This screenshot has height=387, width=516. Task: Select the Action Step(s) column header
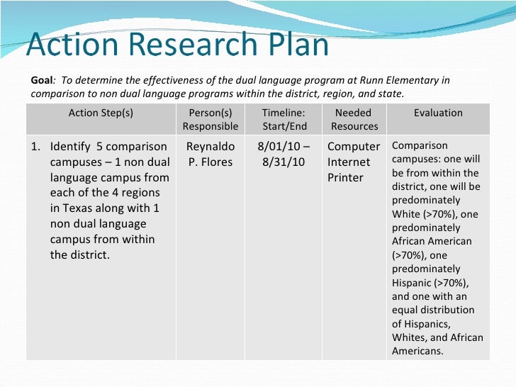(x=101, y=113)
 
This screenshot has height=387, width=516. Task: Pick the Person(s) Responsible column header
(x=211, y=120)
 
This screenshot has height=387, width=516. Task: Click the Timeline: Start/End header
(x=284, y=120)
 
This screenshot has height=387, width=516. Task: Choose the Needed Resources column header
(x=354, y=120)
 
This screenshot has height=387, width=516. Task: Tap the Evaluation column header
(x=438, y=113)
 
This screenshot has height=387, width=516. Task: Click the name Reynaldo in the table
(x=211, y=147)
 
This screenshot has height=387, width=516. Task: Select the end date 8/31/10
(x=283, y=162)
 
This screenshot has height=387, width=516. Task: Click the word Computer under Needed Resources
(x=353, y=147)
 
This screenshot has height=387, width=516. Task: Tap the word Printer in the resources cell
(x=345, y=178)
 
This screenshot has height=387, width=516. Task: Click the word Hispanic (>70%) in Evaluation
(x=415, y=283)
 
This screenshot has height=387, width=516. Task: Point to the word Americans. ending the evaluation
(x=417, y=351)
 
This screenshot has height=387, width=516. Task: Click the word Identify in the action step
(x=69, y=147)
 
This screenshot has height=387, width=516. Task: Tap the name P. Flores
(x=211, y=162)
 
